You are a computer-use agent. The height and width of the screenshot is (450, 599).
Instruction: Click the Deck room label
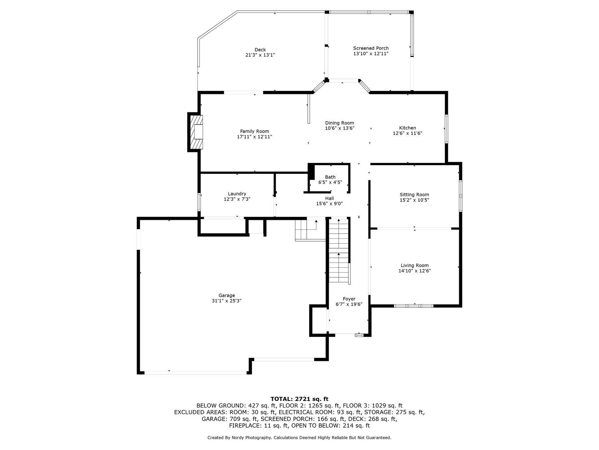point(260,50)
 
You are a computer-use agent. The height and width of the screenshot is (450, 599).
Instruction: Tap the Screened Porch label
point(371,48)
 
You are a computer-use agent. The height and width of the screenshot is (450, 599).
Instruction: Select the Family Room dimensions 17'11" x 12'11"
point(254,136)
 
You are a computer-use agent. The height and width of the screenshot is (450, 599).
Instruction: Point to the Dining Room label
point(340,123)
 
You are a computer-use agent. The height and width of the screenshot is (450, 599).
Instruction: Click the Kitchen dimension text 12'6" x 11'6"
point(407,133)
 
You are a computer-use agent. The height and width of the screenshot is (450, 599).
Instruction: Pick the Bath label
point(330,177)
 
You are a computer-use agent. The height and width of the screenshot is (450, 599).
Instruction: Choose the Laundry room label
point(237,194)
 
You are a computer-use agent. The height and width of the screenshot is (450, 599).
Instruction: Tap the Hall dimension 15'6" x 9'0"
point(329,204)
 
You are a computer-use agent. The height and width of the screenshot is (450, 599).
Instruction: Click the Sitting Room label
point(414,195)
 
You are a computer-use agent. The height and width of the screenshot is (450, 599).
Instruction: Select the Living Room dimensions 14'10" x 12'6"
point(415,271)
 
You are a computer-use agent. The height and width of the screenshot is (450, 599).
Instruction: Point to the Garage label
point(227,295)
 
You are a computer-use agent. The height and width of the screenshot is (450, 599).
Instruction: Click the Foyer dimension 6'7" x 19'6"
point(349,304)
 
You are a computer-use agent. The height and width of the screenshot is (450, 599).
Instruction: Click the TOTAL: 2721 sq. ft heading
point(299,399)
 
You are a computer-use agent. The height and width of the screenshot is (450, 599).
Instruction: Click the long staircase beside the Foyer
point(339,251)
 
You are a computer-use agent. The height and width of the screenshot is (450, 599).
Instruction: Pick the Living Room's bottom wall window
point(414,306)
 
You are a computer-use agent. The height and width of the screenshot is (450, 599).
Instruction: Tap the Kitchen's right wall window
point(446,129)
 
